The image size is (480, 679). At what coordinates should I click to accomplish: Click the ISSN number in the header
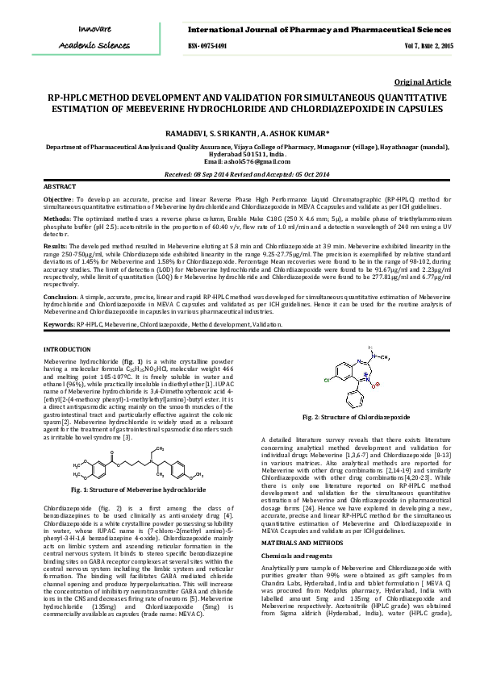pos(207,46)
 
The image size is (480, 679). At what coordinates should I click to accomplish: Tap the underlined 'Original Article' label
pos(423,82)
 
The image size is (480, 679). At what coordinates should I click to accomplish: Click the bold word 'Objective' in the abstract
pos(58,198)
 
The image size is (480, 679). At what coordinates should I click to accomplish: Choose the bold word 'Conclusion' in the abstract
pos(60,297)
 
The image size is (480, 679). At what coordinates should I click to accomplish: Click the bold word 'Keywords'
pos(58,323)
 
